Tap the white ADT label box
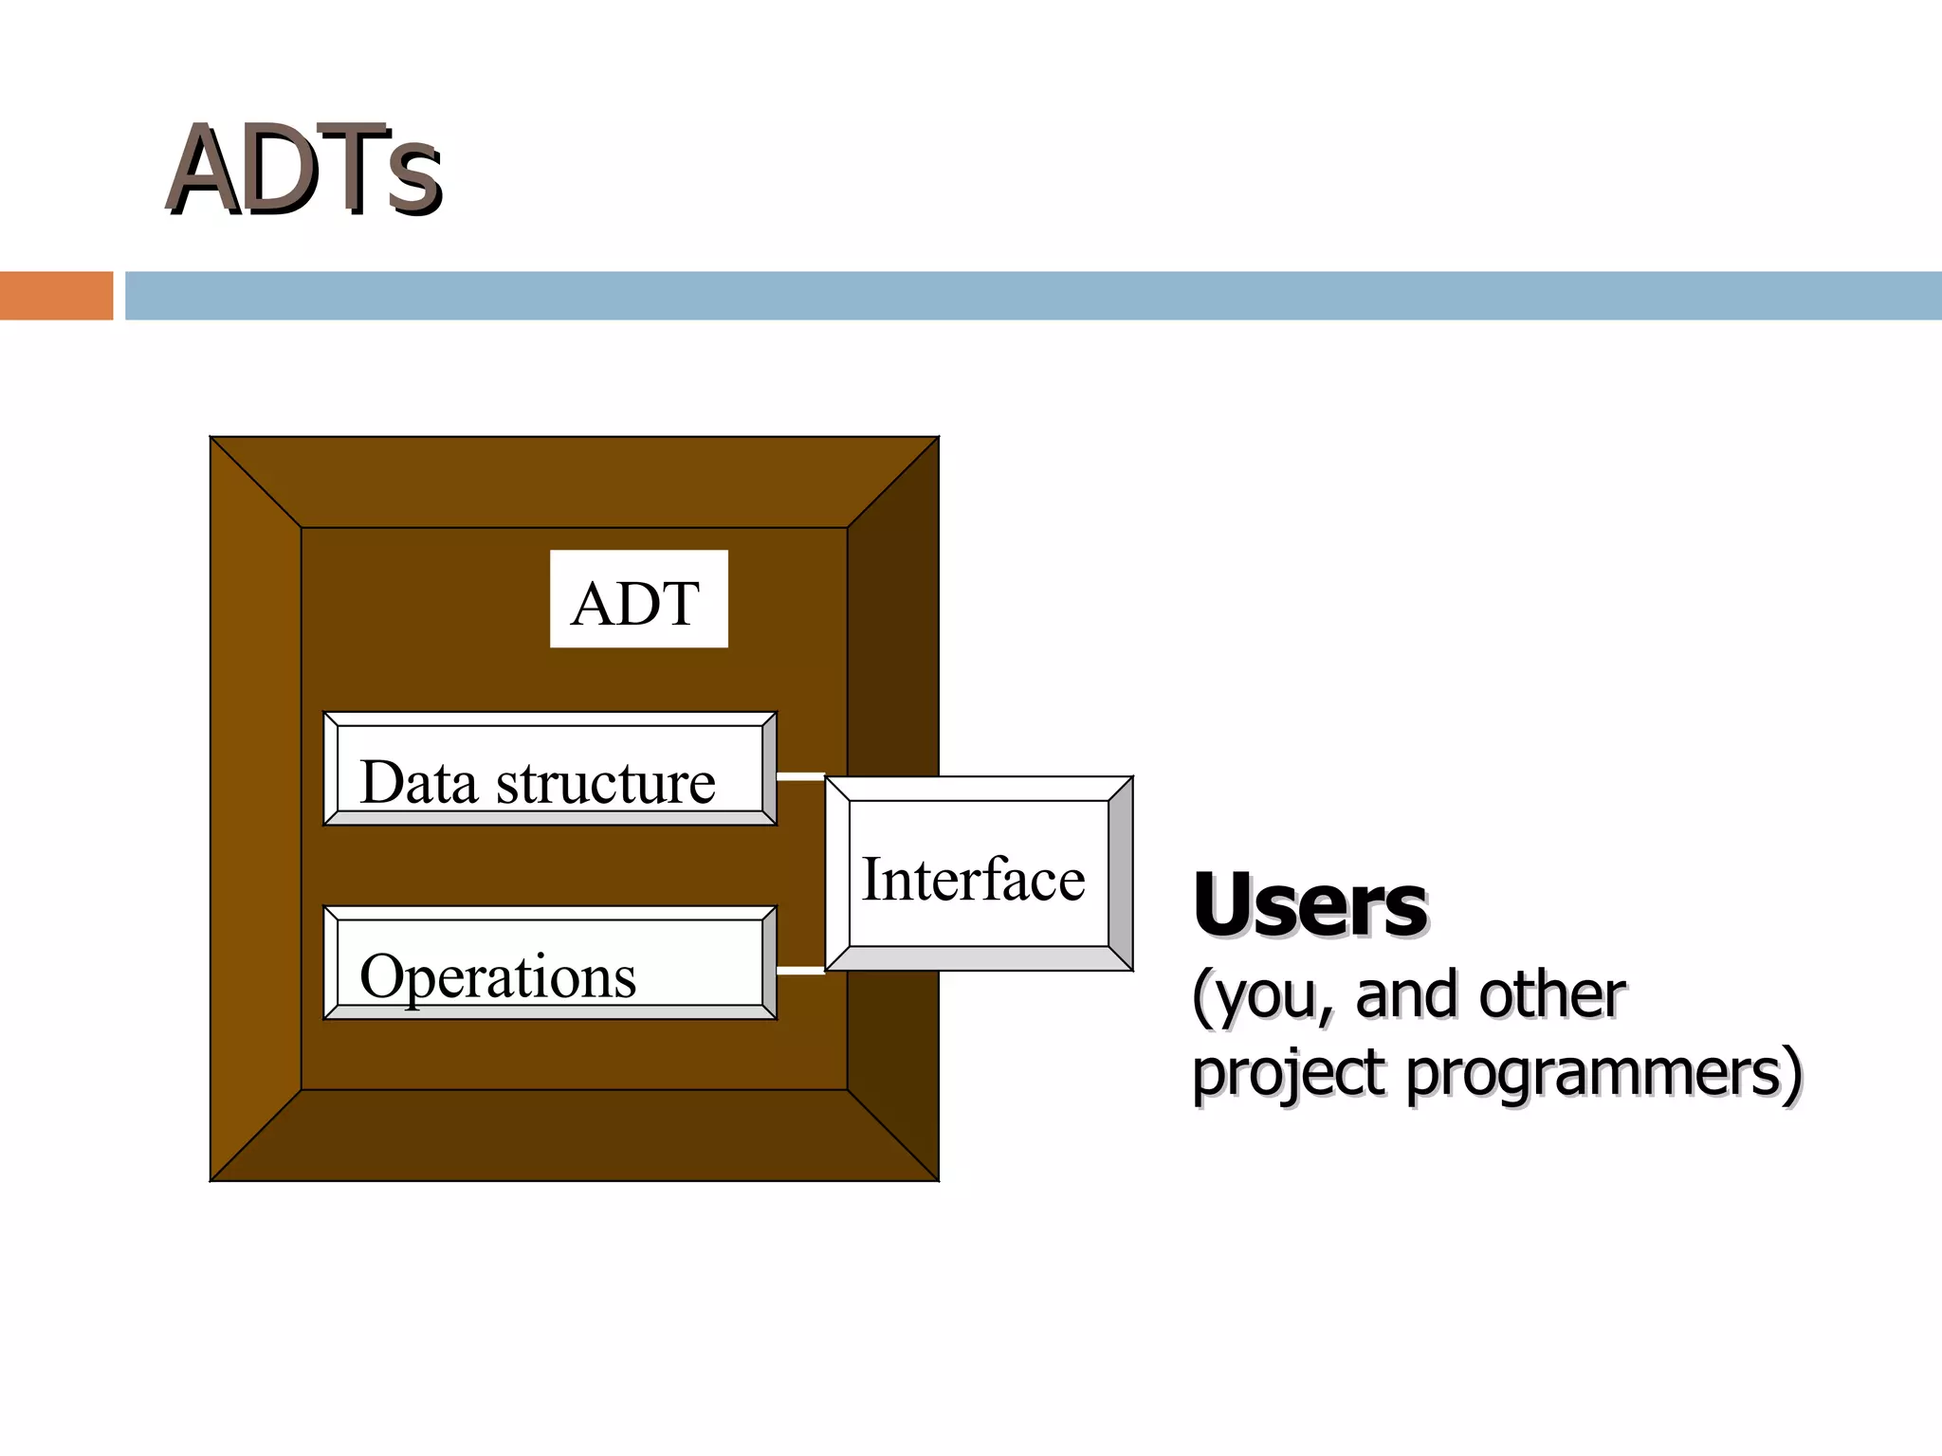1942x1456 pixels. tap(638, 599)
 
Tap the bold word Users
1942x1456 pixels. tap(1310, 904)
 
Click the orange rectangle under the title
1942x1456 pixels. tap(56, 296)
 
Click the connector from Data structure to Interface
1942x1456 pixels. tap(800, 776)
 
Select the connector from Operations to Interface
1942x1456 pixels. tap(800, 971)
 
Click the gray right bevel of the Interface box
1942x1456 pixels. tap(1121, 874)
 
